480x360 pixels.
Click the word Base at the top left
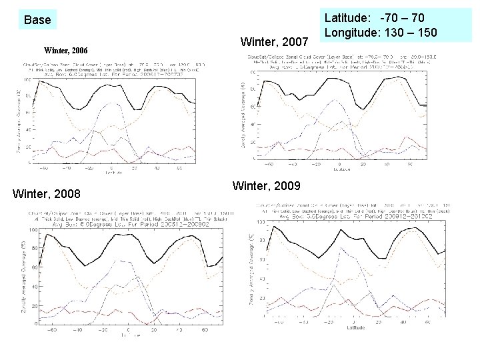[x=37, y=20]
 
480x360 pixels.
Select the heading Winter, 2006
[x=65, y=50]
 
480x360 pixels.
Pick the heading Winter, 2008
[x=47, y=194]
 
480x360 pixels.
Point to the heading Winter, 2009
[x=266, y=185]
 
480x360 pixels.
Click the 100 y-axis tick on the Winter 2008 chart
[x=33, y=231]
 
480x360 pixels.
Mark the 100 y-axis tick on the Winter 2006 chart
[x=27, y=81]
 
